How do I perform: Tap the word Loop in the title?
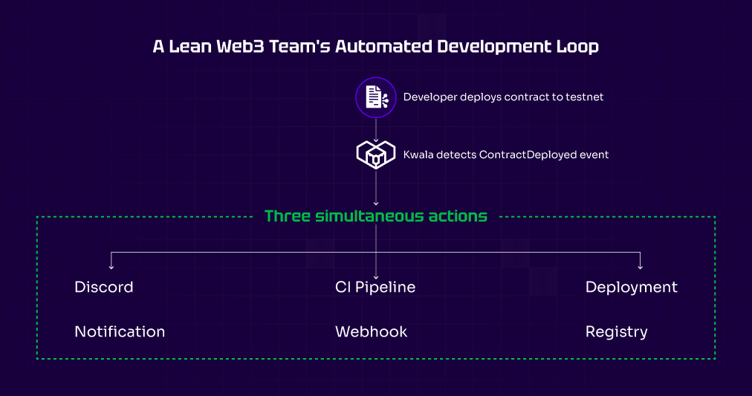(577, 46)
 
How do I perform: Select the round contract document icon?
(375, 97)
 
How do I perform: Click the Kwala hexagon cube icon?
(375, 155)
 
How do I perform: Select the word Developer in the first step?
(430, 97)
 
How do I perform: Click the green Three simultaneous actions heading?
(376, 216)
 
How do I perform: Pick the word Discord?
(104, 287)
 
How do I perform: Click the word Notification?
(120, 331)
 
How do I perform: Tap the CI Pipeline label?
(375, 287)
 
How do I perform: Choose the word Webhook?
(371, 331)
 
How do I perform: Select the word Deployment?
(631, 287)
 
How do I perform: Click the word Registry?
(616, 331)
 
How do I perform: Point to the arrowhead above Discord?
(111, 266)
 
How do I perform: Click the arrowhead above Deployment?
(640, 266)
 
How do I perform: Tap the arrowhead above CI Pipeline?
(376, 275)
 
